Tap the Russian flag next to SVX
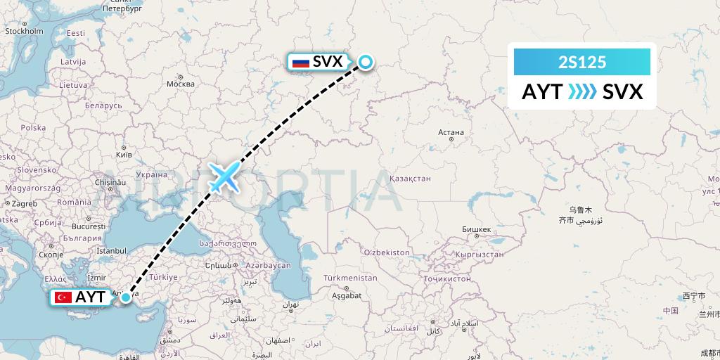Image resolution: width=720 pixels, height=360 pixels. point(301,63)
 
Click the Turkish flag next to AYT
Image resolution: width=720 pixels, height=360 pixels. point(64,297)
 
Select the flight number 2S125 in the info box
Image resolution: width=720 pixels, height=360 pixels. point(581,63)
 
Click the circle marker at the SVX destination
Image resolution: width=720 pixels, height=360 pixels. point(366,62)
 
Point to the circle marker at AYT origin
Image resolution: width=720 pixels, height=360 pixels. point(125,297)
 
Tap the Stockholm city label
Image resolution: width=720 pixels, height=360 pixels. point(24,31)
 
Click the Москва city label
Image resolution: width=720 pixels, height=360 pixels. point(180,84)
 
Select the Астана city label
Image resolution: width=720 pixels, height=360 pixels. point(450,132)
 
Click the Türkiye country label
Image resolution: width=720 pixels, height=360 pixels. point(161,277)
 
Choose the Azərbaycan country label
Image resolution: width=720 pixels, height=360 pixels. point(268,265)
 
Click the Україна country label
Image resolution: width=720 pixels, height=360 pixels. point(150,174)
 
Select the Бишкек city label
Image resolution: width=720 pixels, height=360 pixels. point(477,230)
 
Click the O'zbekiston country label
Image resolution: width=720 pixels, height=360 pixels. point(387,252)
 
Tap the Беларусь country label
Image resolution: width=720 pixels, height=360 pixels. point(103,105)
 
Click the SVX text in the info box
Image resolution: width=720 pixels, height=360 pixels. point(622,91)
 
